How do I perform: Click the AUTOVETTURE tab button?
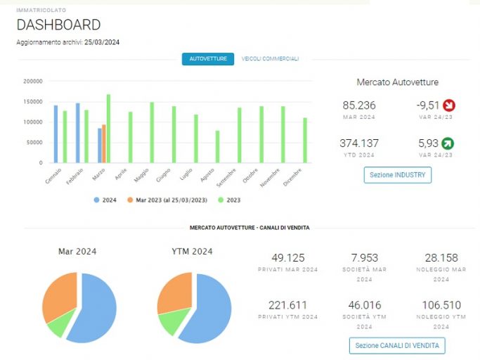[208, 59]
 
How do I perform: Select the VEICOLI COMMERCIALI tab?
[270, 59]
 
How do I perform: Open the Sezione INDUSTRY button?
[398, 175]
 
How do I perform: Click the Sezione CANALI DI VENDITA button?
[397, 346]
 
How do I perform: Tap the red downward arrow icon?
[449, 105]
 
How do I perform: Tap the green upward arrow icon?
[448, 143]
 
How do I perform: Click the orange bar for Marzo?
[104, 143]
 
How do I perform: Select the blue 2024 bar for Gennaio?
[56, 134]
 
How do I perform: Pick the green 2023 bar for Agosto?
[217, 147]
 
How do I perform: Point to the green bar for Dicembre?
[305, 141]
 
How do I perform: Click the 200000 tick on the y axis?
[33, 81]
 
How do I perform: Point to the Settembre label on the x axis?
[226, 178]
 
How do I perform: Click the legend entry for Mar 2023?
[167, 200]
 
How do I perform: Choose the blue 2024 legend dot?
[97, 200]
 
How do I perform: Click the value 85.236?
[359, 105]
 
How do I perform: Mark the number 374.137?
[359, 143]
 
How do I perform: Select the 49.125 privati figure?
[288, 258]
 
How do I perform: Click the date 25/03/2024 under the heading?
[102, 42]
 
